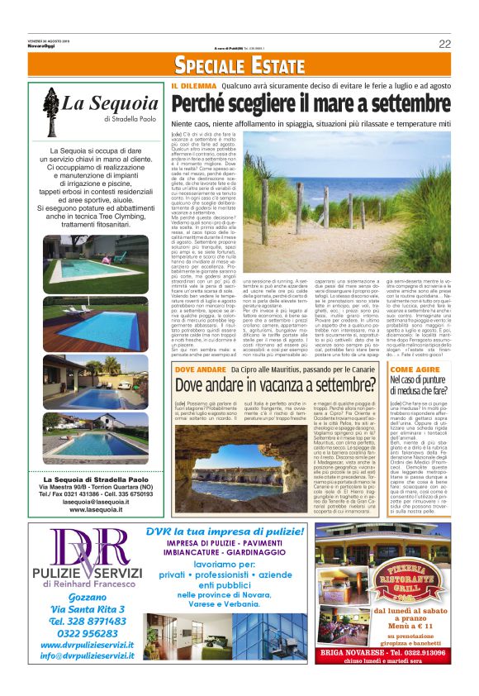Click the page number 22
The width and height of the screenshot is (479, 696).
click(444, 44)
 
